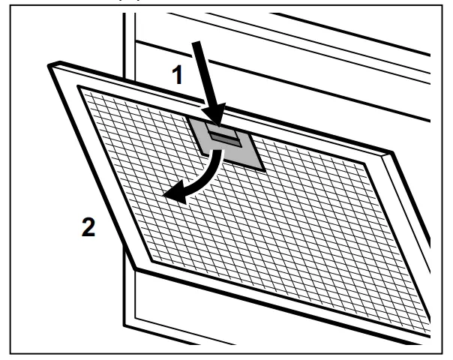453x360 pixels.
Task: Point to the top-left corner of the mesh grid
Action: click(x=78, y=88)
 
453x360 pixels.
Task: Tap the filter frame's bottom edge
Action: click(x=285, y=304)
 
